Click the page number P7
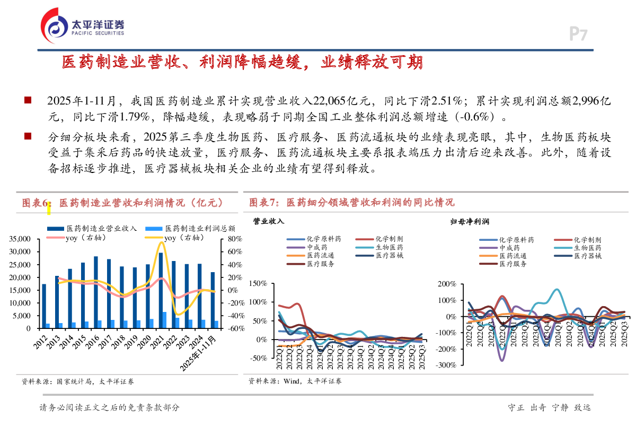click(x=578, y=34)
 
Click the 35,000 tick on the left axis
click(x=21, y=239)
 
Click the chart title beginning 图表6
click(x=122, y=203)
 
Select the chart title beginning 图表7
click(x=351, y=203)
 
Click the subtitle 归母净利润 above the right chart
click(x=465, y=221)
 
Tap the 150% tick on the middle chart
click(x=258, y=284)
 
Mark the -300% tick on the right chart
click(x=445, y=366)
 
